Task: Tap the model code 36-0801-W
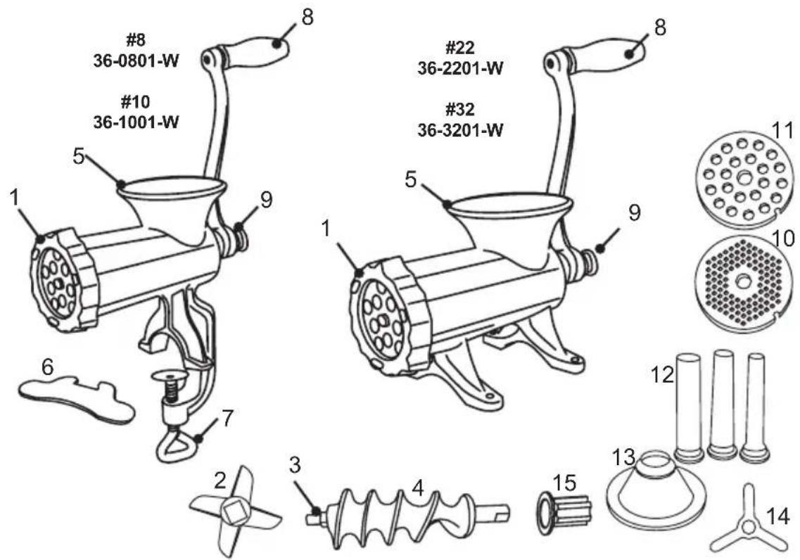coord(136,61)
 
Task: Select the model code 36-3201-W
coord(460,130)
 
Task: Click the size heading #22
coord(460,48)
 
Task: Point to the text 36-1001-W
coord(136,122)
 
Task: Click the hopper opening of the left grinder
coord(173,186)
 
